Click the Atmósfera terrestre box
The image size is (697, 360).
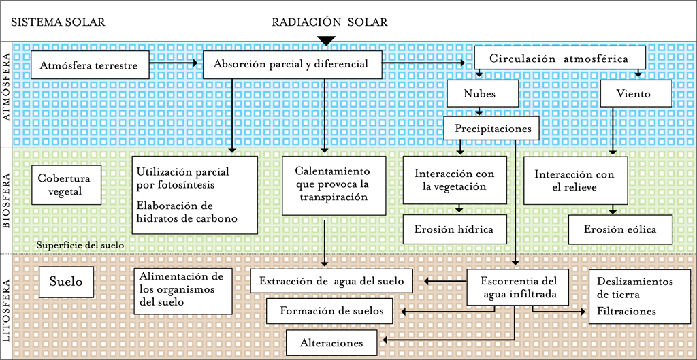point(89,66)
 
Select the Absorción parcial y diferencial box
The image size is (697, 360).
point(291,64)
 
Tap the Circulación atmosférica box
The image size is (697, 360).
point(560,59)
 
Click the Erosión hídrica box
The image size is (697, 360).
point(454,229)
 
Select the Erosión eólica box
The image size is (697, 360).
point(620,229)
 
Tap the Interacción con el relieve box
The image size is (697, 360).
point(574,180)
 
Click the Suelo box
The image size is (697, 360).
point(65,282)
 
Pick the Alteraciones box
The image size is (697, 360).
point(331,343)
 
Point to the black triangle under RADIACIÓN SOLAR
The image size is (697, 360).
point(327,41)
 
